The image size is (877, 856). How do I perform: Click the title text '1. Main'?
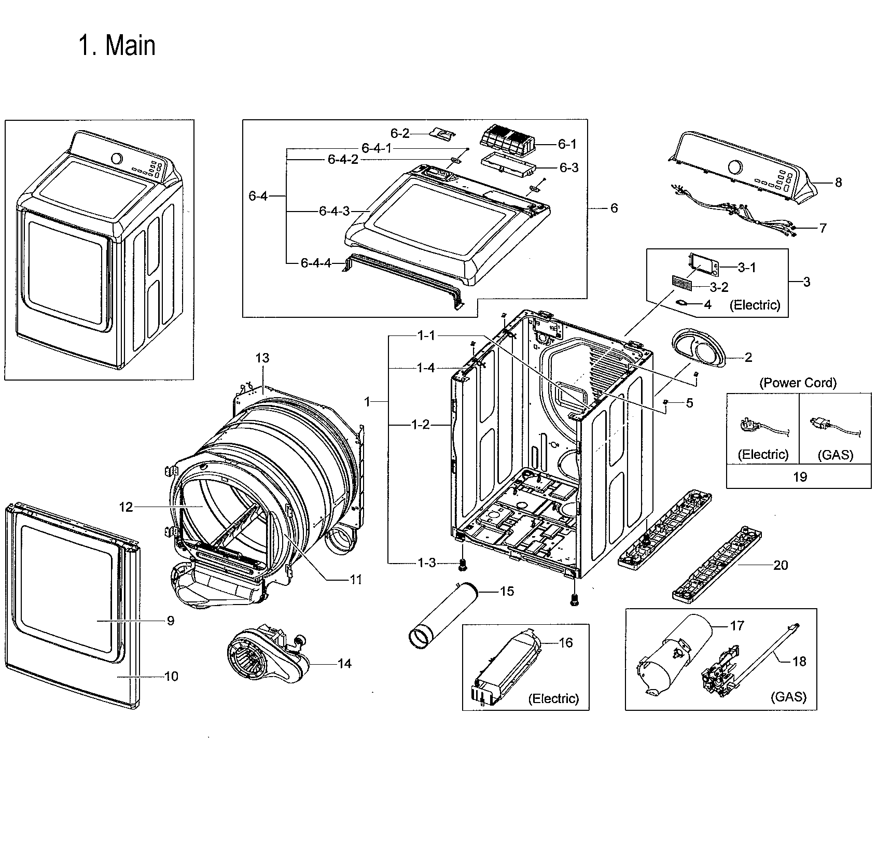[117, 46]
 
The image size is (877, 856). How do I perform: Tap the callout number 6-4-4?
[316, 263]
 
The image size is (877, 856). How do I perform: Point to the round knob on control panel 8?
[735, 167]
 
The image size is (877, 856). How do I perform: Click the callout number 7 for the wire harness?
[823, 228]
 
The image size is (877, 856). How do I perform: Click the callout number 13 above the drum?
[262, 358]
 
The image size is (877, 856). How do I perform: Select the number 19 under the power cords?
[800, 476]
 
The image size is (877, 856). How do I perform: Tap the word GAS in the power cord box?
[835, 455]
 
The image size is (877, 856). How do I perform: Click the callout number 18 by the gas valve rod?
[799, 661]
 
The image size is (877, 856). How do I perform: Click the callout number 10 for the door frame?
[171, 676]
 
